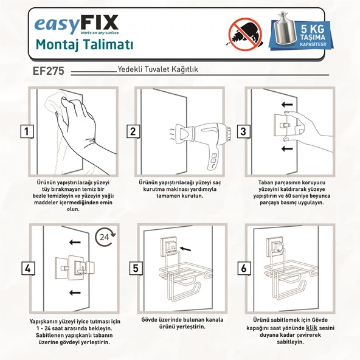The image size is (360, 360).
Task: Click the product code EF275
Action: click(52, 71)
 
